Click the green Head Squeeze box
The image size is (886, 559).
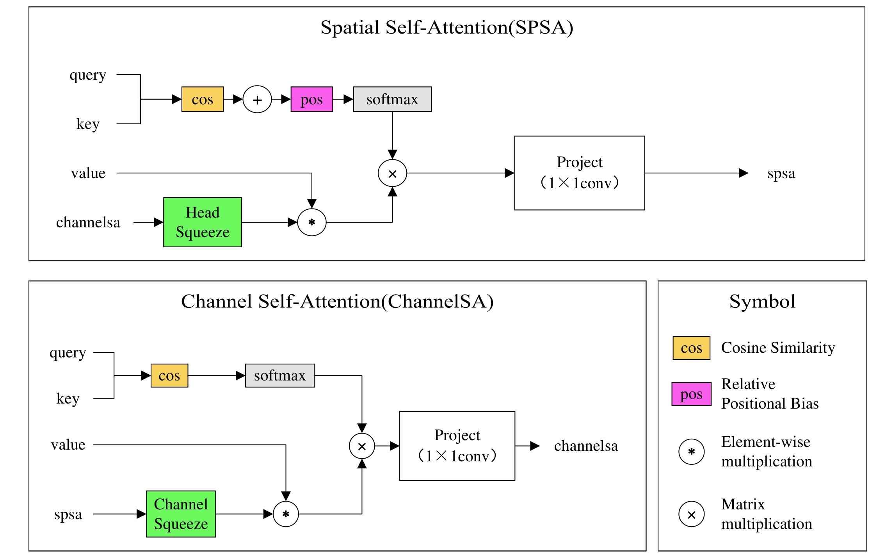tap(202, 222)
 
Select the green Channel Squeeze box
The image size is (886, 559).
tap(181, 514)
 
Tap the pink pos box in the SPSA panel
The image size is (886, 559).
tap(311, 99)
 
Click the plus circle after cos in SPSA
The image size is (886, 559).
tap(257, 100)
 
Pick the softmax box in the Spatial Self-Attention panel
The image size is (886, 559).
tap(392, 99)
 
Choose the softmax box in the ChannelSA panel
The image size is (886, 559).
tap(280, 375)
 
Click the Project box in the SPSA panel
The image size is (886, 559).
tap(579, 173)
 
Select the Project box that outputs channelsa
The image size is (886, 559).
tap(457, 446)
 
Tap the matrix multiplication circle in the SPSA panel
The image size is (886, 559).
tap(392, 173)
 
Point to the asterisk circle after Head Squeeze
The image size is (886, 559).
tap(311, 222)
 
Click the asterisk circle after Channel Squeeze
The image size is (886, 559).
tap(286, 514)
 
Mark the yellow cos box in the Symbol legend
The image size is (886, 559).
tap(691, 348)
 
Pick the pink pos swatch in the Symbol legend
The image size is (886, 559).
tap(691, 394)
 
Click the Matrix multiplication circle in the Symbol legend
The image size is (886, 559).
tap(691, 514)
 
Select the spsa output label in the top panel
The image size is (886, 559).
tap(781, 173)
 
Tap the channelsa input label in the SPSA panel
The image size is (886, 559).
tap(88, 222)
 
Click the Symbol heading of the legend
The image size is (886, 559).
tap(762, 302)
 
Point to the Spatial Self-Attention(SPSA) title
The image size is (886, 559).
tap(447, 27)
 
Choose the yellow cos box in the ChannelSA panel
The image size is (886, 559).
tap(169, 375)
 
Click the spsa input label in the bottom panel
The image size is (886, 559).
tap(68, 514)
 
